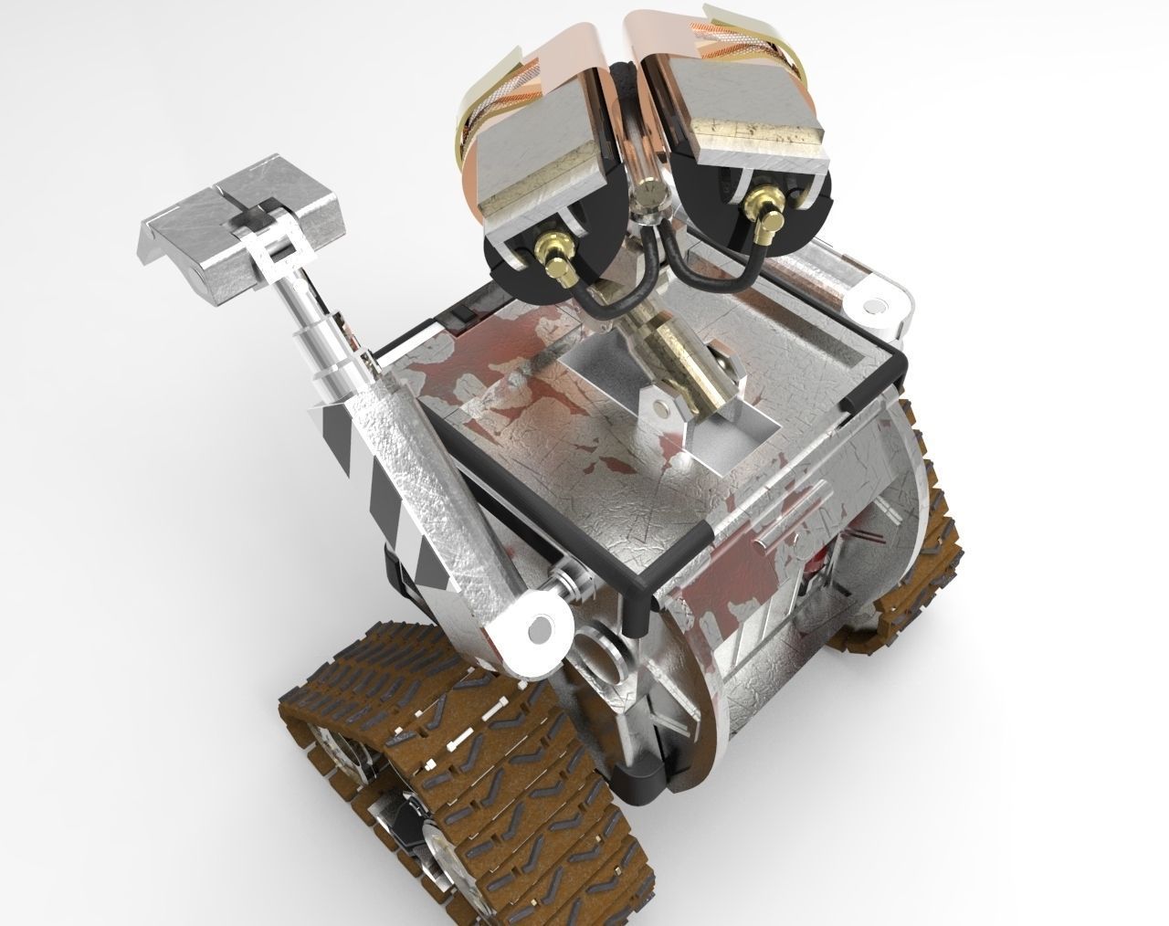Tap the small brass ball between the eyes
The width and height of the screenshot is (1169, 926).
[x=650, y=194]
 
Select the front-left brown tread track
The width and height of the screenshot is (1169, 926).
[x=457, y=749]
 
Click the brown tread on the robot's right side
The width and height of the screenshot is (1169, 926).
[x=922, y=557]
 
